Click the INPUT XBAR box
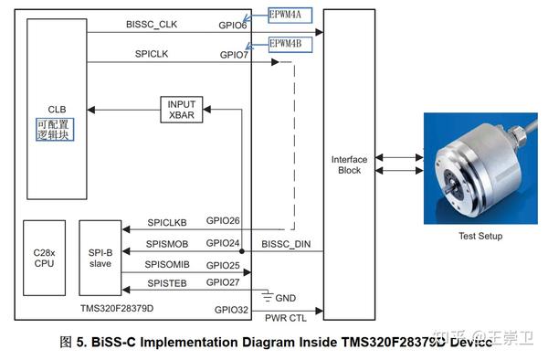point(181,109)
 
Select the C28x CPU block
point(44,258)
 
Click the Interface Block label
point(349,164)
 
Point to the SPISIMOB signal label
point(167,244)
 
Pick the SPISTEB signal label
point(166,283)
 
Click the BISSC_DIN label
point(287,244)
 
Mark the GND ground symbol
point(269,296)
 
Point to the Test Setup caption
point(480,236)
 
